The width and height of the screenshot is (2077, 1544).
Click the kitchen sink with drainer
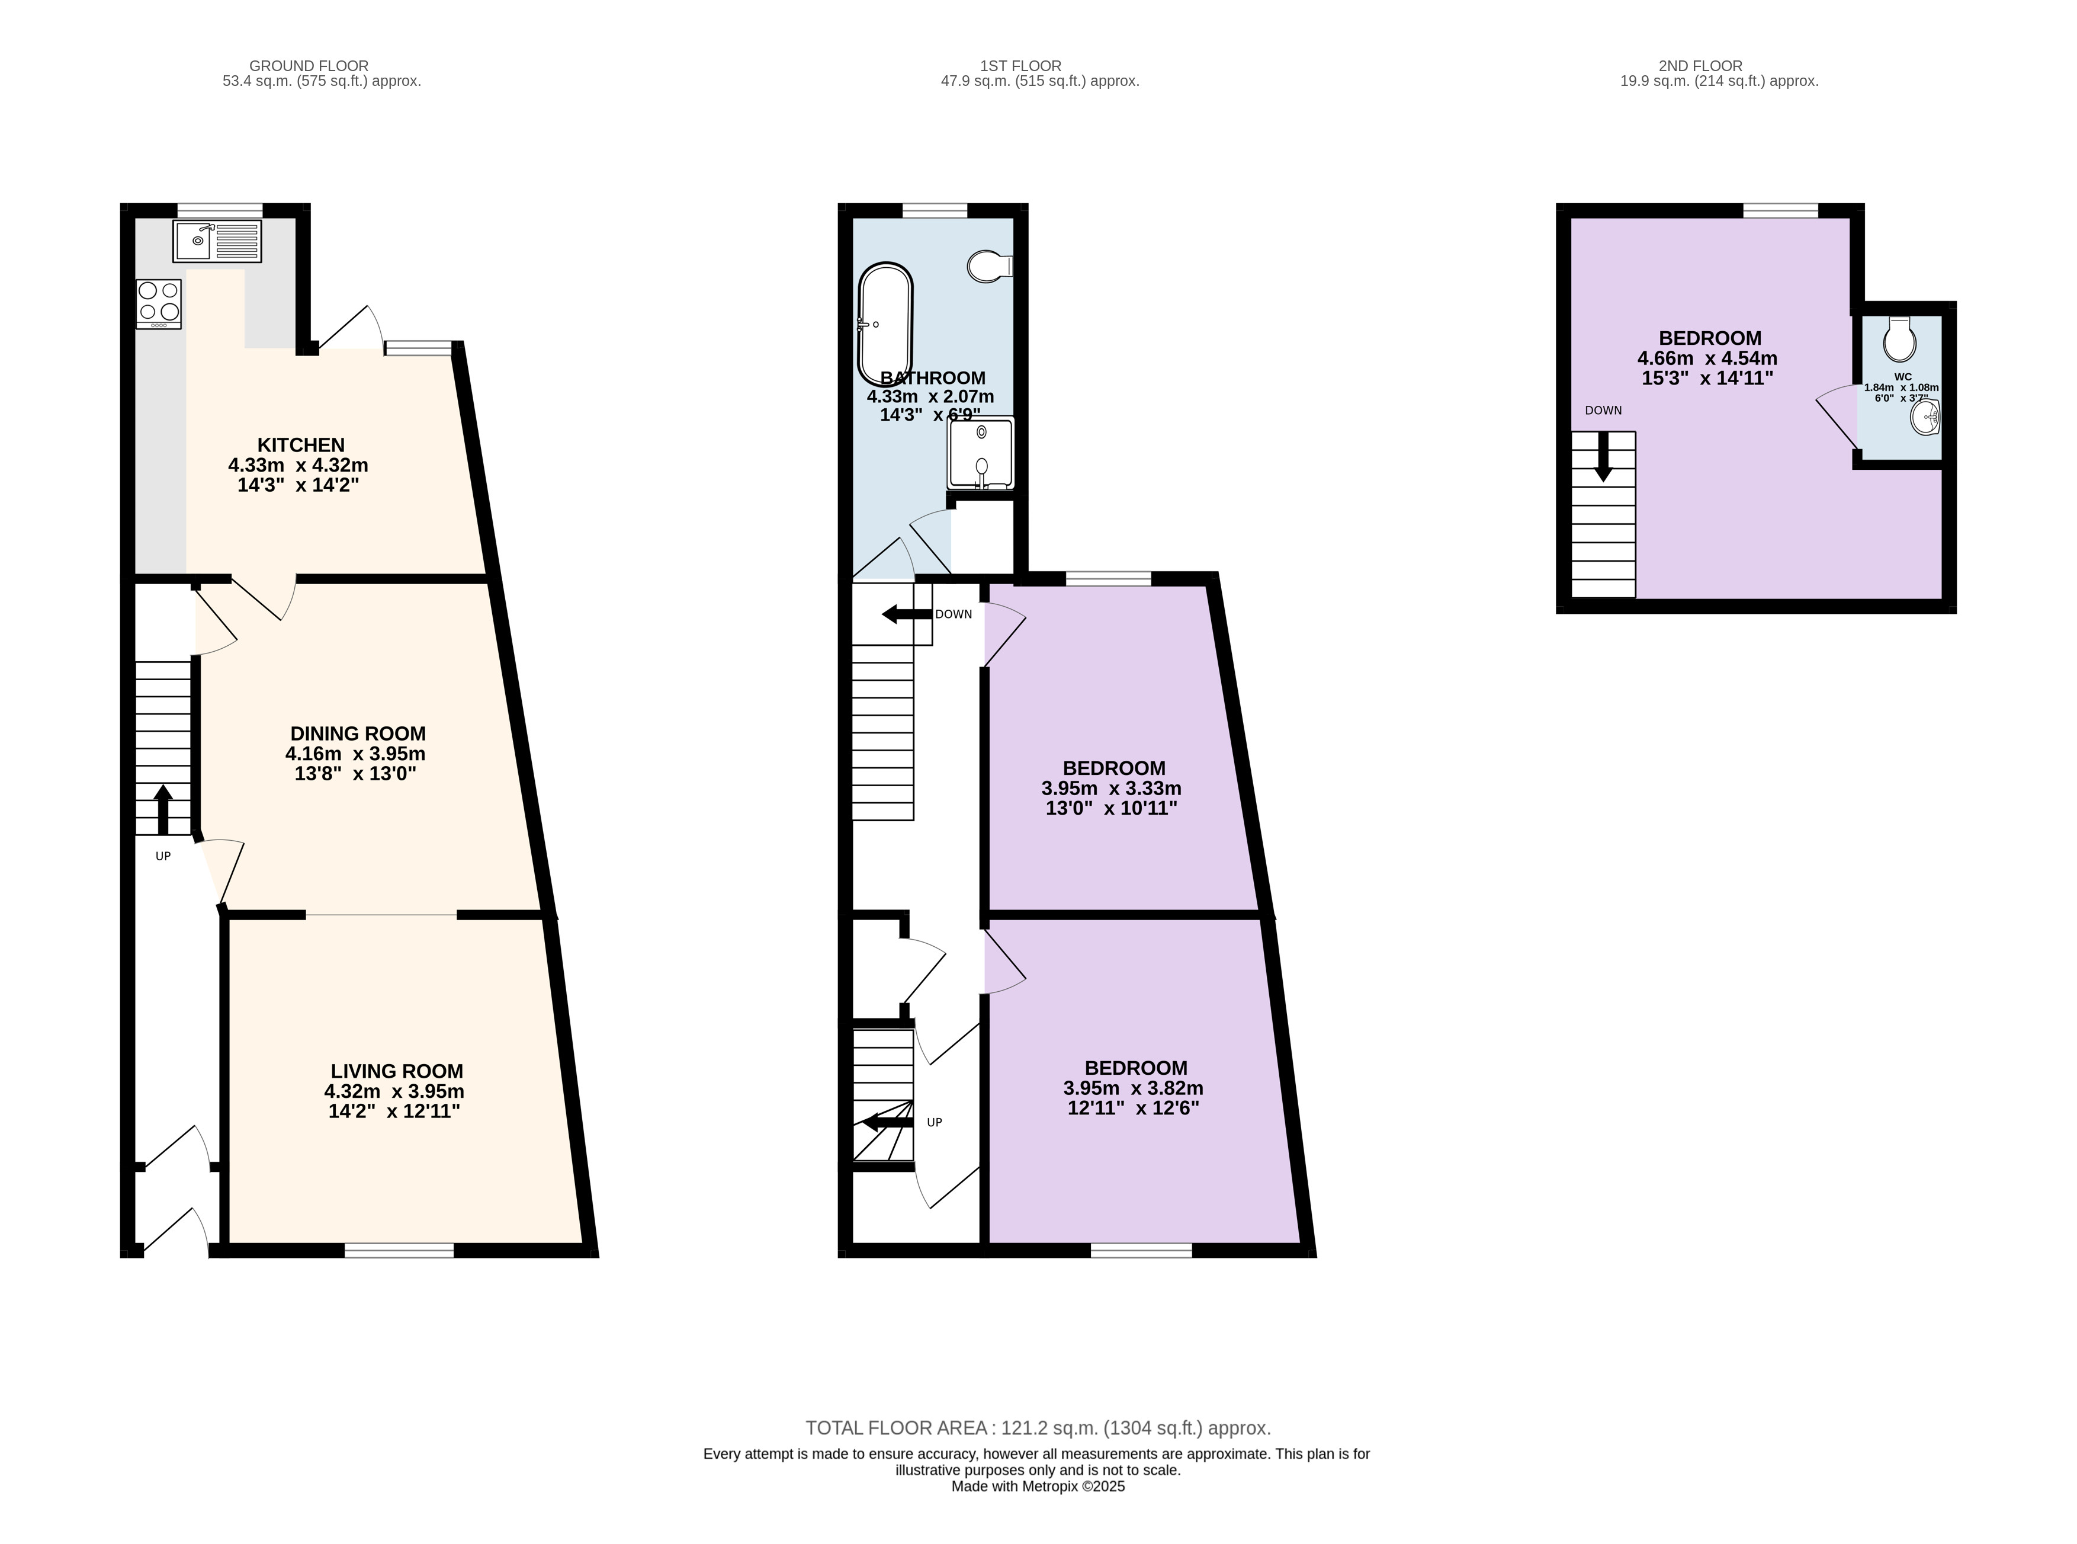pos(217,241)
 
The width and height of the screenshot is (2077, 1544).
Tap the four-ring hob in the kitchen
pos(159,304)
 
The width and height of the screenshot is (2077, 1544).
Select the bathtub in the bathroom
pos(885,323)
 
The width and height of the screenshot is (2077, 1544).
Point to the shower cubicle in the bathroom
pos(980,453)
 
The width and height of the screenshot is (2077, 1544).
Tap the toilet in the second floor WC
pos(1899,338)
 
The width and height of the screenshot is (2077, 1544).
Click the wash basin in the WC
pos(1925,417)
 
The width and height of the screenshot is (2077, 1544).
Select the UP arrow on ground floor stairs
pos(163,809)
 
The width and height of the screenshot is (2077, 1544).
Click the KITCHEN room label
pos(301,445)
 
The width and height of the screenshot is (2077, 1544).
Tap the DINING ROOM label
pos(358,733)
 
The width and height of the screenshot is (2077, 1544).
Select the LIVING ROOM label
pos(397,1071)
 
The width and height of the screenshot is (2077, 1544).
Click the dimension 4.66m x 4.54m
pos(1707,358)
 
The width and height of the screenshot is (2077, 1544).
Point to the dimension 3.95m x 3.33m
pos(1111,789)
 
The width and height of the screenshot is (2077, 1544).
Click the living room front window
pos(399,1250)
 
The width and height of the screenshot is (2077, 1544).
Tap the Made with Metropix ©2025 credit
pos(1038,1486)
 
